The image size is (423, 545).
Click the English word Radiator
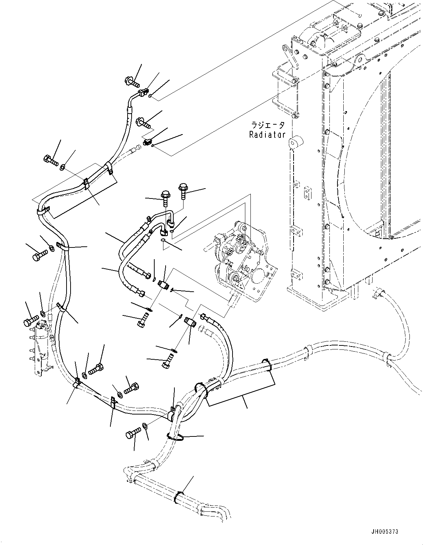267,135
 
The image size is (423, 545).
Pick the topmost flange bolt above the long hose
132,81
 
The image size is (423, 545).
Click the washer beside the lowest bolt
145,425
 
